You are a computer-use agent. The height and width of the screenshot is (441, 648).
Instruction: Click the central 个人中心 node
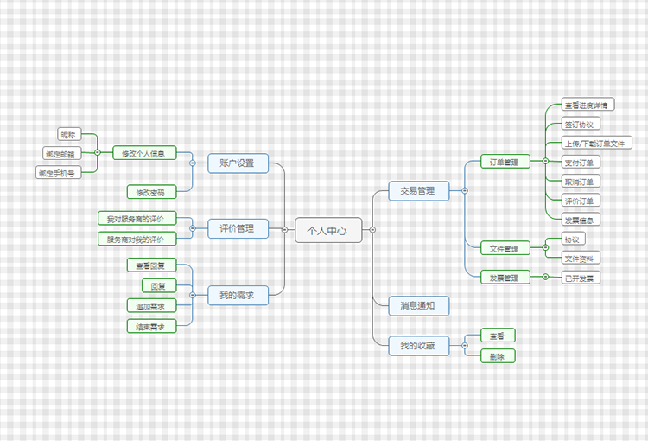coord(328,230)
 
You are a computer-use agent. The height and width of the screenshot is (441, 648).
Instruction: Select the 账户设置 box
coord(237,163)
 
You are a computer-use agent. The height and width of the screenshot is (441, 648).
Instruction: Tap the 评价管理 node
coord(237,229)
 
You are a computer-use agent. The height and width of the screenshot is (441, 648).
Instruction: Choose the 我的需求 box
coord(237,296)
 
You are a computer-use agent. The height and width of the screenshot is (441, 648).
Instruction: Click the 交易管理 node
coord(418,190)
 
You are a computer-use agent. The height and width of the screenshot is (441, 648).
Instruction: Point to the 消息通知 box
coord(418,305)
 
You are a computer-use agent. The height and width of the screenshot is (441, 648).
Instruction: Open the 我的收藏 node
coord(418,346)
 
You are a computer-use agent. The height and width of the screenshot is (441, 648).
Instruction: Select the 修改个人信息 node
coord(143,153)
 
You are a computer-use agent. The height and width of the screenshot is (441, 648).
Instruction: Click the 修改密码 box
coord(150,191)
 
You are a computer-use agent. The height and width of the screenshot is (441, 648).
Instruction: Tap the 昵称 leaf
coord(68,135)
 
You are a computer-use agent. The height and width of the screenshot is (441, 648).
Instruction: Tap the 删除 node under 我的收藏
coord(498,355)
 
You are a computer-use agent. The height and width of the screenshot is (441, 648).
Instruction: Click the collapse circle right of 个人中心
coord(372,230)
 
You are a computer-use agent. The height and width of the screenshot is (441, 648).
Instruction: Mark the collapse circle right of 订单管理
coord(545,162)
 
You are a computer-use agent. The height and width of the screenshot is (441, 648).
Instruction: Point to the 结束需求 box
coord(150,326)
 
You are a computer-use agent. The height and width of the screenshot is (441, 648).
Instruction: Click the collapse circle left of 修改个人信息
coord(97,153)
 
